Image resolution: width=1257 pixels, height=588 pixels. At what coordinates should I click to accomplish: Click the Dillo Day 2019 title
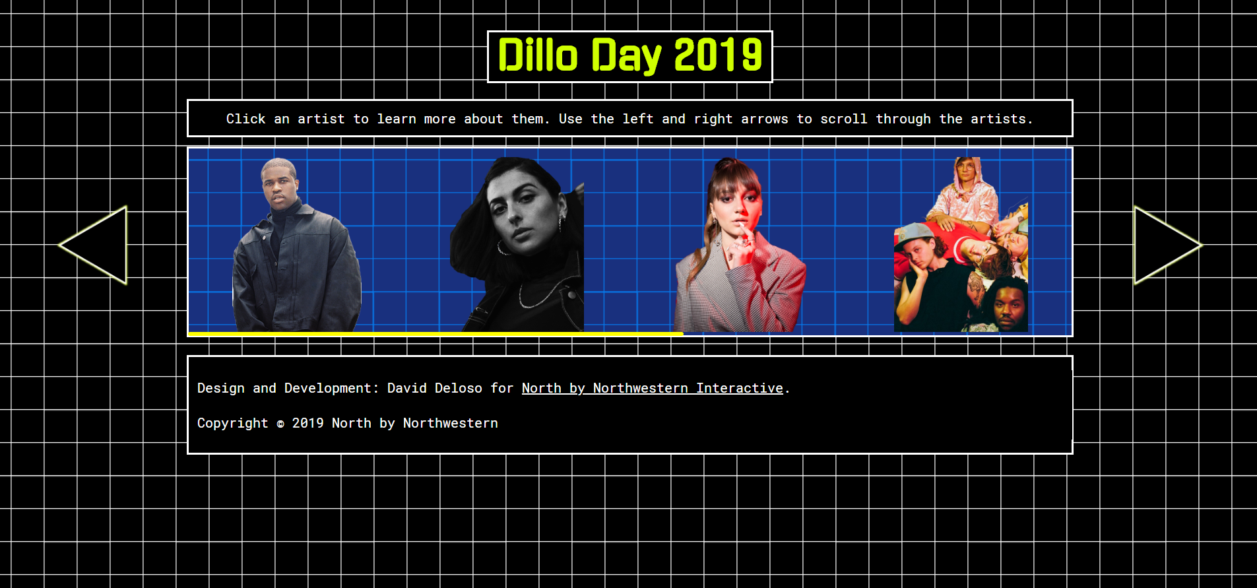click(630, 56)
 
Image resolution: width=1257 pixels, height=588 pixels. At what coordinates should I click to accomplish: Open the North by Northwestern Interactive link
click(653, 388)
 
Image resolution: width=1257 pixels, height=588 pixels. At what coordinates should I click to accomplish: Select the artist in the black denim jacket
click(297, 245)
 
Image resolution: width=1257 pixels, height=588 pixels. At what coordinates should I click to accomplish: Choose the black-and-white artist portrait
click(517, 245)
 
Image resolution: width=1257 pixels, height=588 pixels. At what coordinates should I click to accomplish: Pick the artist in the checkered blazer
click(739, 245)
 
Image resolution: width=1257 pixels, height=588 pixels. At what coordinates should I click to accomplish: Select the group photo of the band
click(961, 245)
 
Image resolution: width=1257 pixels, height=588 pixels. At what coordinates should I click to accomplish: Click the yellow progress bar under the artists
click(435, 334)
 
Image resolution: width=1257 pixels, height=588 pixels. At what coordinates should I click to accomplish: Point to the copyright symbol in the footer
click(280, 424)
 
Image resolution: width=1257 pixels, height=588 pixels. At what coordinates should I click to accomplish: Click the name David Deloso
click(435, 388)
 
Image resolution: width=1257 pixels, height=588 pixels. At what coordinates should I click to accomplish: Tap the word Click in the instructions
click(246, 119)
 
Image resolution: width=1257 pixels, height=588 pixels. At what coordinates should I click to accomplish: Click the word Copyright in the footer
click(233, 423)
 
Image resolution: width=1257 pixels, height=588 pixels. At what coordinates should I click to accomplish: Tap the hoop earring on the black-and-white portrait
click(503, 248)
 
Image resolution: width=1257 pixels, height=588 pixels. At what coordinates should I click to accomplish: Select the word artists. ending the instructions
click(1002, 119)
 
